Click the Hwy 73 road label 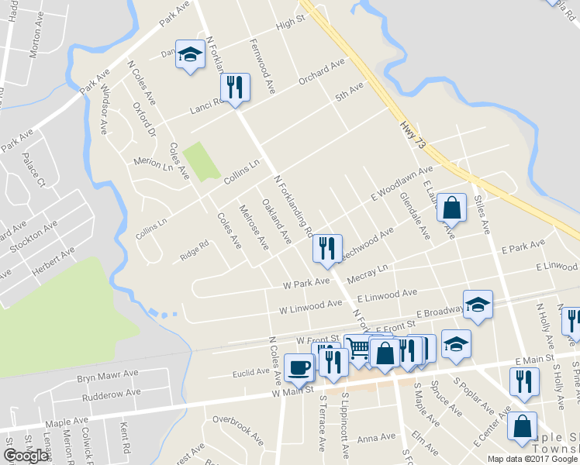pyautogui.click(x=414, y=134)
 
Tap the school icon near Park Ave pyautogui.click(x=188, y=55)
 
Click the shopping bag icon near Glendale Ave pyautogui.click(x=451, y=208)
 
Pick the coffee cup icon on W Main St pyautogui.click(x=299, y=368)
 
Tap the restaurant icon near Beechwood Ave pyautogui.click(x=326, y=248)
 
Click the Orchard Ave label pyautogui.click(x=321, y=75)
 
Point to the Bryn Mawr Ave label pyautogui.click(x=107, y=377)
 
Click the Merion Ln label pyautogui.click(x=153, y=163)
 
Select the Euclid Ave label pyautogui.click(x=250, y=373)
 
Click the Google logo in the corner pyautogui.click(x=26, y=455)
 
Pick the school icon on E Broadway pyautogui.click(x=478, y=305)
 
